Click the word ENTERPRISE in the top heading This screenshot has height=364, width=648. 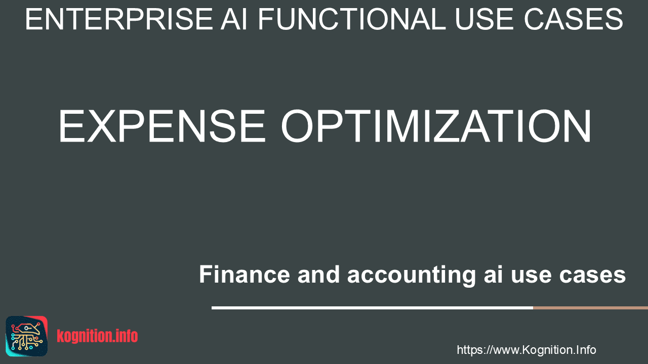click(119, 19)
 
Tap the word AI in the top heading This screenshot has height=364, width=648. click(234, 19)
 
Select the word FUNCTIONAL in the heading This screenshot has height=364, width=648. click(351, 19)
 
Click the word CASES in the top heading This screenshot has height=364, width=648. click(574, 19)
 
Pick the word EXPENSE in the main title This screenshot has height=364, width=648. click(162, 126)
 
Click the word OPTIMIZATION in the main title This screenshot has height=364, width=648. click(436, 126)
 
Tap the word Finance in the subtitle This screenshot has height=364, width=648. click(245, 275)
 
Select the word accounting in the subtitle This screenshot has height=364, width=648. click(412, 276)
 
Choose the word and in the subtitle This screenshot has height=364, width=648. click(318, 275)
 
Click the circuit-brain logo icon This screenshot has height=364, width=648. click(27, 336)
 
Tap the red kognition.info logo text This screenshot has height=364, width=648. click(97, 336)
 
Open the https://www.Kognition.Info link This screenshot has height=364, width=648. click(526, 350)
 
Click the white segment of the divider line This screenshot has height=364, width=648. click(372, 308)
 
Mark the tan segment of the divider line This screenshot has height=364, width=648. click(590, 308)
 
